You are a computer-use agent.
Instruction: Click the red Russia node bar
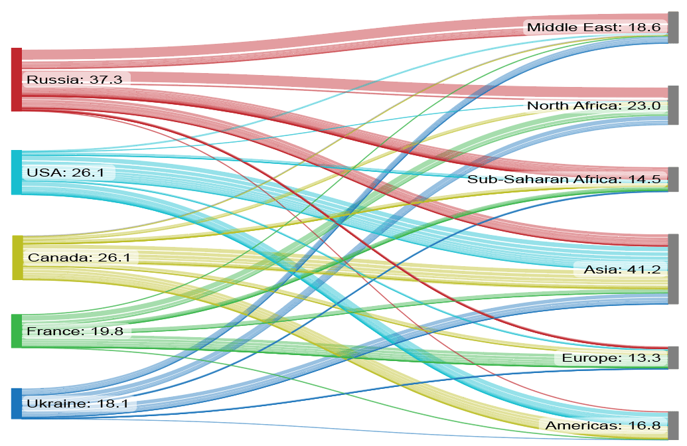click(x=17, y=80)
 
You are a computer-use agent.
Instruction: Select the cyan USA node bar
click(x=17, y=172)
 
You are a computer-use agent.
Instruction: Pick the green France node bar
click(x=17, y=331)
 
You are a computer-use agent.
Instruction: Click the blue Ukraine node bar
click(x=17, y=403)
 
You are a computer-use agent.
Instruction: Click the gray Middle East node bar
click(x=673, y=27)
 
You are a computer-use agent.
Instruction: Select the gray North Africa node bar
click(x=673, y=105)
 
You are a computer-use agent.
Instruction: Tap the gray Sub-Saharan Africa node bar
click(x=673, y=179)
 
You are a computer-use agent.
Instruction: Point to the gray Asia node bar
click(x=673, y=269)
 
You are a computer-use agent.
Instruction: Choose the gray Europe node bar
click(x=673, y=358)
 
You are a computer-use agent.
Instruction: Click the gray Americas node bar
click(x=673, y=424)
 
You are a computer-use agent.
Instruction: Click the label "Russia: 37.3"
click(x=74, y=80)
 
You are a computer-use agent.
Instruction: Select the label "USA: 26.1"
click(x=67, y=173)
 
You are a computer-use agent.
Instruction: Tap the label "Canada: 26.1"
click(x=78, y=257)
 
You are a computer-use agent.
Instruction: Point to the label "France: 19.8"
click(x=75, y=331)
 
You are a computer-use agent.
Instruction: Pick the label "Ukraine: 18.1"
click(x=77, y=404)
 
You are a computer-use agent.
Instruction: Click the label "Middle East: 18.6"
click(x=593, y=27)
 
